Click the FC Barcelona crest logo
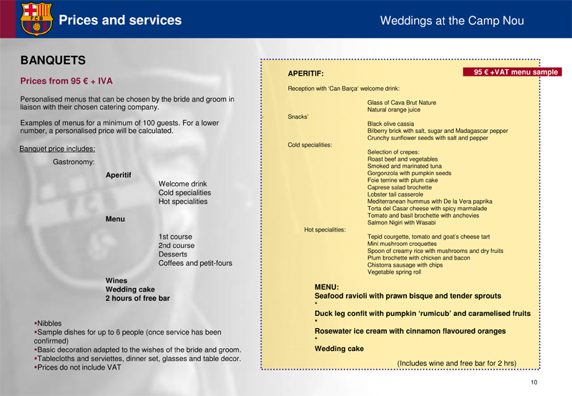click(x=36, y=18)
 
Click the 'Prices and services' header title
click(x=119, y=20)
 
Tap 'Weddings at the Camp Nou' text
click(x=452, y=21)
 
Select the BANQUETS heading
click(x=53, y=61)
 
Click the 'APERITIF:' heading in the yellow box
click(x=306, y=74)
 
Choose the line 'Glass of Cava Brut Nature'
click(x=401, y=103)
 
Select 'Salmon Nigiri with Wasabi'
click(x=401, y=222)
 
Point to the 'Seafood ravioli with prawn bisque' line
click(x=408, y=295)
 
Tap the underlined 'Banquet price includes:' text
click(x=57, y=149)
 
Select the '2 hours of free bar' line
click(x=137, y=298)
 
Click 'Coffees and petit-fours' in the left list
click(x=195, y=263)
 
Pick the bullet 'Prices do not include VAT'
click(x=79, y=367)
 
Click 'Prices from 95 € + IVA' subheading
click(x=66, y=81)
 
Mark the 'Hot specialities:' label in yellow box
click(x=325, y=229)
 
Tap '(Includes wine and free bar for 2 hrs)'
click(x=456, y=364)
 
